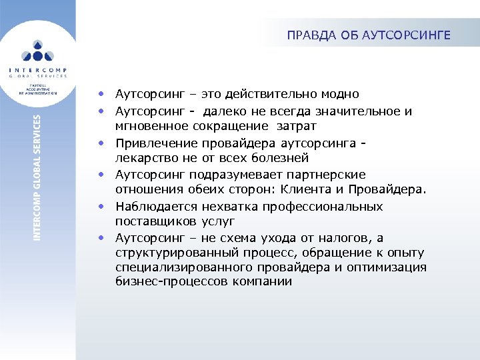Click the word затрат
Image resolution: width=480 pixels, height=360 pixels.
(297, 126)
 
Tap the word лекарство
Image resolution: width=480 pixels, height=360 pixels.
(145, 159)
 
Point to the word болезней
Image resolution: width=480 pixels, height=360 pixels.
(285, 159)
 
